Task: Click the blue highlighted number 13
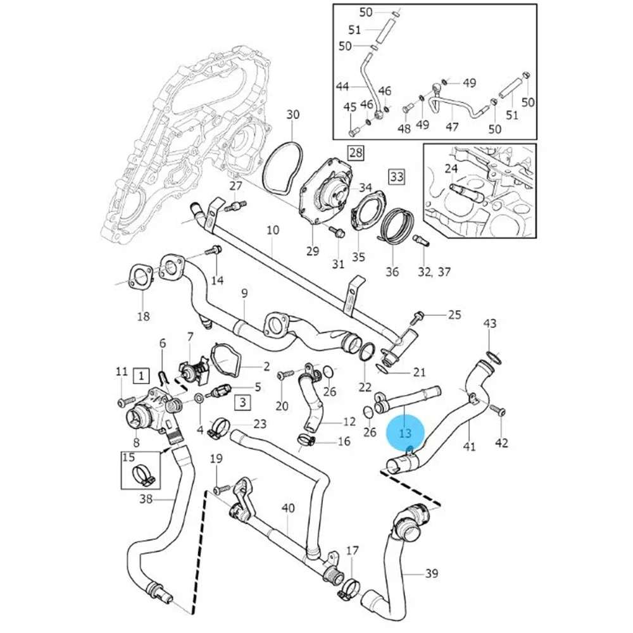(405, 434)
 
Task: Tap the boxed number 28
(356, 153)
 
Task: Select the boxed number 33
(396, 177)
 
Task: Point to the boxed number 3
(242, 401)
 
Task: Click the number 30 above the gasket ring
(292, 115)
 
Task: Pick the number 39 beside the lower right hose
(431, 573)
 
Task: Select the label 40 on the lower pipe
(288, 508)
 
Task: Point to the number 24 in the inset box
(451, 168)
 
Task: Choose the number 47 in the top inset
(452, 127)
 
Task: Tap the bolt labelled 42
(500, 411)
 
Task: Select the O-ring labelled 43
(494, 358)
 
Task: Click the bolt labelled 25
(418, 315)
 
